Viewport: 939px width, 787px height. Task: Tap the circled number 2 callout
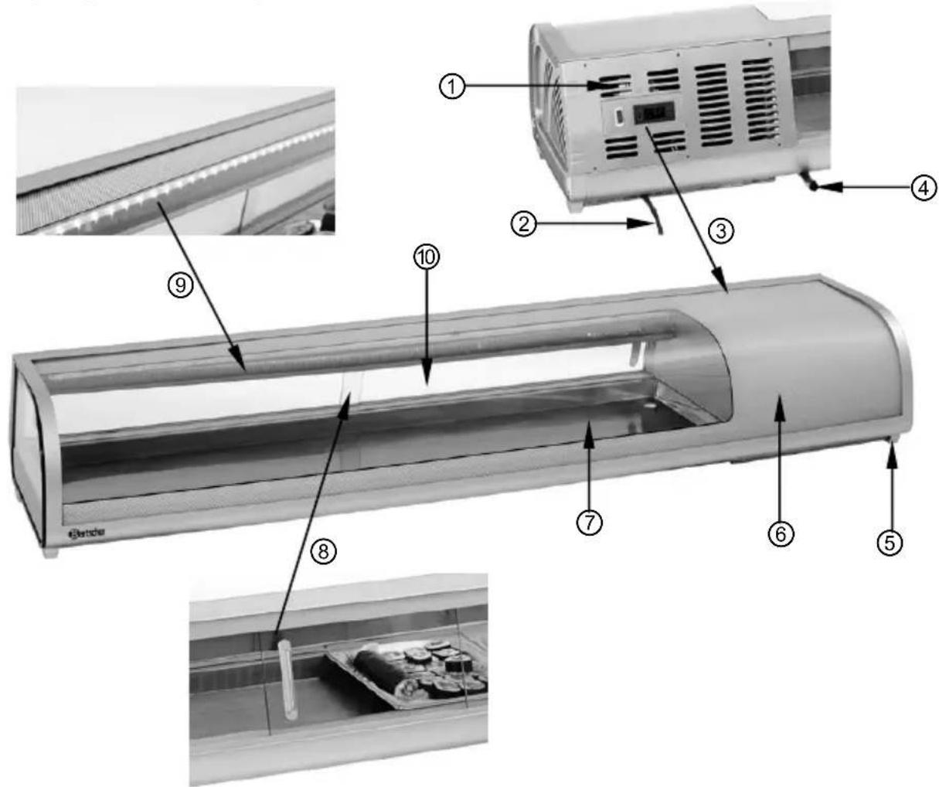coord(526,225)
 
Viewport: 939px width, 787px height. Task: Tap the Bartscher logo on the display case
coord(87,532)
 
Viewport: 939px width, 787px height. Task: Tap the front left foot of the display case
coord(50,552)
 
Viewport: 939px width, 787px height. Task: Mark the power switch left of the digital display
coord(620,118)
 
